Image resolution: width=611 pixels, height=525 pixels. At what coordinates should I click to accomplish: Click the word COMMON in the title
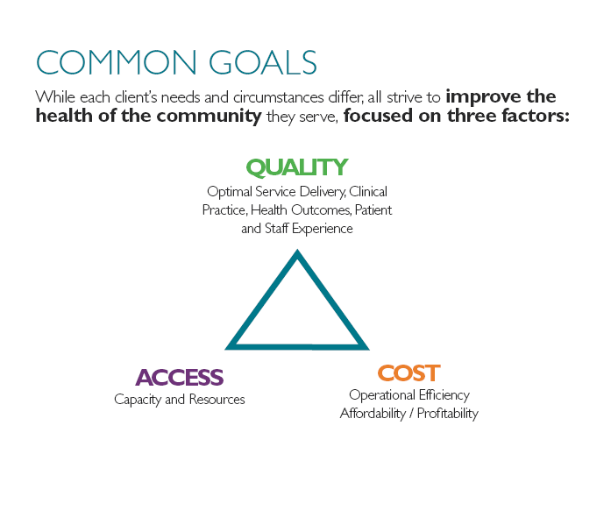click(x=116, y=62)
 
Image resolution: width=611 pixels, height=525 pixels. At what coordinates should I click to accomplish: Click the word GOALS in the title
click(x=263, y=62)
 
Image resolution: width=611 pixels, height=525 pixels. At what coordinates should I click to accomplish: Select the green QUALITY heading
click(x=297, y=167)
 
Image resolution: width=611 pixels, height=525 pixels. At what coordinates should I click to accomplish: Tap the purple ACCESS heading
click(x=180, y=378)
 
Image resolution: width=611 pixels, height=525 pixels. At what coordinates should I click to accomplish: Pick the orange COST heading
click(x=409, y=373)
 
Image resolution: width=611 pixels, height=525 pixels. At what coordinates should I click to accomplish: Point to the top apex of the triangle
click(x=297, y=249)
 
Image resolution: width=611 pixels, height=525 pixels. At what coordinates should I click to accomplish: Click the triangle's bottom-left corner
click(x=225, y=350)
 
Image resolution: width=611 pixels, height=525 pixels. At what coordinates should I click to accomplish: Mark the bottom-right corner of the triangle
click(x=369, y=350)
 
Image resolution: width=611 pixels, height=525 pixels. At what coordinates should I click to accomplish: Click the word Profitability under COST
click(x=448, y=414)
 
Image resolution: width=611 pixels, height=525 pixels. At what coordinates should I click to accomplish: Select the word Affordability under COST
click(x=373, y=414)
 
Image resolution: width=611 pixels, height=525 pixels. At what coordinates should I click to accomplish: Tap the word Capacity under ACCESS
click(x=138, y=400)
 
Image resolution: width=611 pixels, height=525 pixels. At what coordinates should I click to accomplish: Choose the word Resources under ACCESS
click(x=217, y=399)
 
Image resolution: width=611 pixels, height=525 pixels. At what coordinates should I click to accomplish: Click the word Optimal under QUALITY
click(x=230, y=192)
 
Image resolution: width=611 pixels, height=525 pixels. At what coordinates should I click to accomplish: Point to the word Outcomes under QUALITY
click(x=321, y=210)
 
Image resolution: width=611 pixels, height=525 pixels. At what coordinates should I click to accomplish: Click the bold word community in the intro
click(x=210, y=116)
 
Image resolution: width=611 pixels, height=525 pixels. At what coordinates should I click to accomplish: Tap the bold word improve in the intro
click(x=483, y=97)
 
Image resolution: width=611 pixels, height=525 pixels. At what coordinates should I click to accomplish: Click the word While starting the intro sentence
click(x=55, y=96)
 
